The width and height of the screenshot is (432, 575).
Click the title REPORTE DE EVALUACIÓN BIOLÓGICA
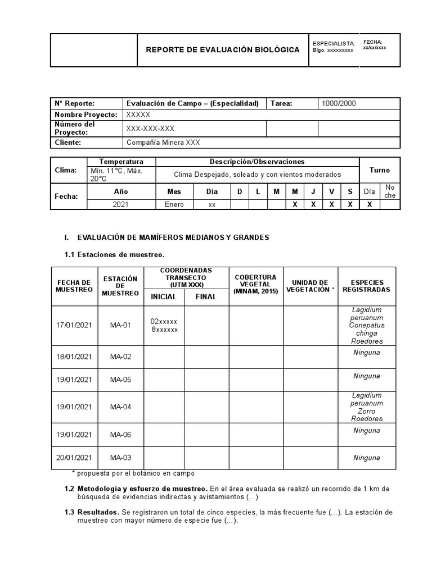tap(223, 50)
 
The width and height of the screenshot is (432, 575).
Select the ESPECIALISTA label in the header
tap(334, 43)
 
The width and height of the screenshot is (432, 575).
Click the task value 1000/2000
tap(338, 103)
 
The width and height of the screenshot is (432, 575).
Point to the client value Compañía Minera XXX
tap(163, 143)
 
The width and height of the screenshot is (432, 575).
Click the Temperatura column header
tap(121, 162)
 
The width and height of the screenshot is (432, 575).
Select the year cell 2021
tap(120, 204)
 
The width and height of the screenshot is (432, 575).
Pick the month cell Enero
tap(174, 204)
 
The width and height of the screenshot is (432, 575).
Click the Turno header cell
tap(379, 170)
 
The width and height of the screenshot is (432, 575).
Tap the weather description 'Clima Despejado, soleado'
tap(257, 175)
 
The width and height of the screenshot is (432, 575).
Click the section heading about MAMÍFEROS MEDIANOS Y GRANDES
tap(173, 238)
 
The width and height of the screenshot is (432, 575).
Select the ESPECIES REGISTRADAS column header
tap(366, 286)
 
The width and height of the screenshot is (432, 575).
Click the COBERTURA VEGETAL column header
tap(255, 284)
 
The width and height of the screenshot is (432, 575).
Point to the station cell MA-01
tap(120, 325)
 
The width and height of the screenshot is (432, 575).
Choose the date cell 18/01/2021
tap(74, 357)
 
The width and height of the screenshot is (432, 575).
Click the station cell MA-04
tap(120, 407)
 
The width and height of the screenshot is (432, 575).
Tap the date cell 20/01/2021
tap(74, 458)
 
